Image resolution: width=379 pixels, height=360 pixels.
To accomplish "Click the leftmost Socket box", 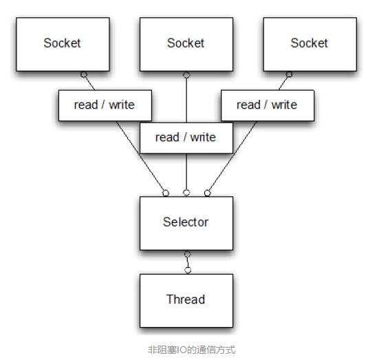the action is coord(63,44).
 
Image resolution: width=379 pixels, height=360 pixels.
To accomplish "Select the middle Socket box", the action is coord(186,44).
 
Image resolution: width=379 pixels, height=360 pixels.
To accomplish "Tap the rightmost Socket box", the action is coord(310,44).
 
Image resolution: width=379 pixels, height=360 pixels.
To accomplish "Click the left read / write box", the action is coord(105,105).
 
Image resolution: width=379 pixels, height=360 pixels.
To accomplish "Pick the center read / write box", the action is coord(186,138).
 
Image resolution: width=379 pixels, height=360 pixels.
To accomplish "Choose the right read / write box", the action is coord(268,105).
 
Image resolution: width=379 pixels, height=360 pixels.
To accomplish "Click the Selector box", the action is coord(186,223).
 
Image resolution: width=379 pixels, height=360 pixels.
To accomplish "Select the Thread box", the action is coord(186,301).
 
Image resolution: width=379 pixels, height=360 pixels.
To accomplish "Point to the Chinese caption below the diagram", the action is coord(191,350).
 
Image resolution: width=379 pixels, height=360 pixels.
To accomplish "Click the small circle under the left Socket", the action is coord(84,74).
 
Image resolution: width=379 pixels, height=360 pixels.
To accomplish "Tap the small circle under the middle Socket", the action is coord(186,75).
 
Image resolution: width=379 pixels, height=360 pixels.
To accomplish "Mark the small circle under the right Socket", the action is coord(289,74).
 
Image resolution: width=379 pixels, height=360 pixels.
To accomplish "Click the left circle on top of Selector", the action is coord(166,193).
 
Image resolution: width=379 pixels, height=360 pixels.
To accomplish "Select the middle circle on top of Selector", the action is coord(186,193).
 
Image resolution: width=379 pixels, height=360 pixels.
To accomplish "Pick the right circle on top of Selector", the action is coord(208,193).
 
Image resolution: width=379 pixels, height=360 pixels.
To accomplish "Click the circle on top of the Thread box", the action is coord(188,271).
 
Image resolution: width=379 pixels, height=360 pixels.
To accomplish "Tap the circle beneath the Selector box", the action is coord(187,254).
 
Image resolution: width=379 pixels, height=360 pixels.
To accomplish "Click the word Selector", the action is coord(186,222).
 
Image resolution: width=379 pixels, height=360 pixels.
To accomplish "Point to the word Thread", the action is coord(186,299).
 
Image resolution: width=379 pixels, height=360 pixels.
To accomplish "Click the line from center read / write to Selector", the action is coord(186,171).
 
